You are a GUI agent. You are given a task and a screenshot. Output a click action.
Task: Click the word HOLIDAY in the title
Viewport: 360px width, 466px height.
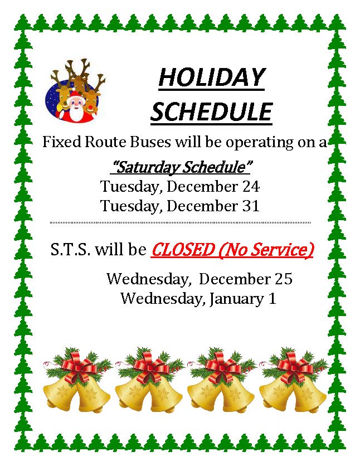[211, 77]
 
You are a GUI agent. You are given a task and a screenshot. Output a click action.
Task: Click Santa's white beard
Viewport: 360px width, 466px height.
[75, 113]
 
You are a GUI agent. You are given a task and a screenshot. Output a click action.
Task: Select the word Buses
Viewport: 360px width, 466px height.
[150, 142]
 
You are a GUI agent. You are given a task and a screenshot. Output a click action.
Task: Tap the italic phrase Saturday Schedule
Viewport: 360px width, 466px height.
[181, 167]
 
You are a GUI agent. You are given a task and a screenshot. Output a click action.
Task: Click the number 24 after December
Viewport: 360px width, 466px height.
[251, 187]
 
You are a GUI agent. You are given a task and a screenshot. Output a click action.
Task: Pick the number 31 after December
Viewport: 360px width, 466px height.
[251, 206]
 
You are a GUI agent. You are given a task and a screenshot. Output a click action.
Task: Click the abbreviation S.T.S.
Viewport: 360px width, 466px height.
[70, 250]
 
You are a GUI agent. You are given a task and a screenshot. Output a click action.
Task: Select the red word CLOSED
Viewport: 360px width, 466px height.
[183, 250]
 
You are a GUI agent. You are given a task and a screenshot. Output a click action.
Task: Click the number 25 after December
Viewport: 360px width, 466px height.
[284, 279]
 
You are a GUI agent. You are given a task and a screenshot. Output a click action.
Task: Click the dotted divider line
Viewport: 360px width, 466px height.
[181, 222]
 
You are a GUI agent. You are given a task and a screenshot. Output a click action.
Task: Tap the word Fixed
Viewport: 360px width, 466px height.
[62, 142]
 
